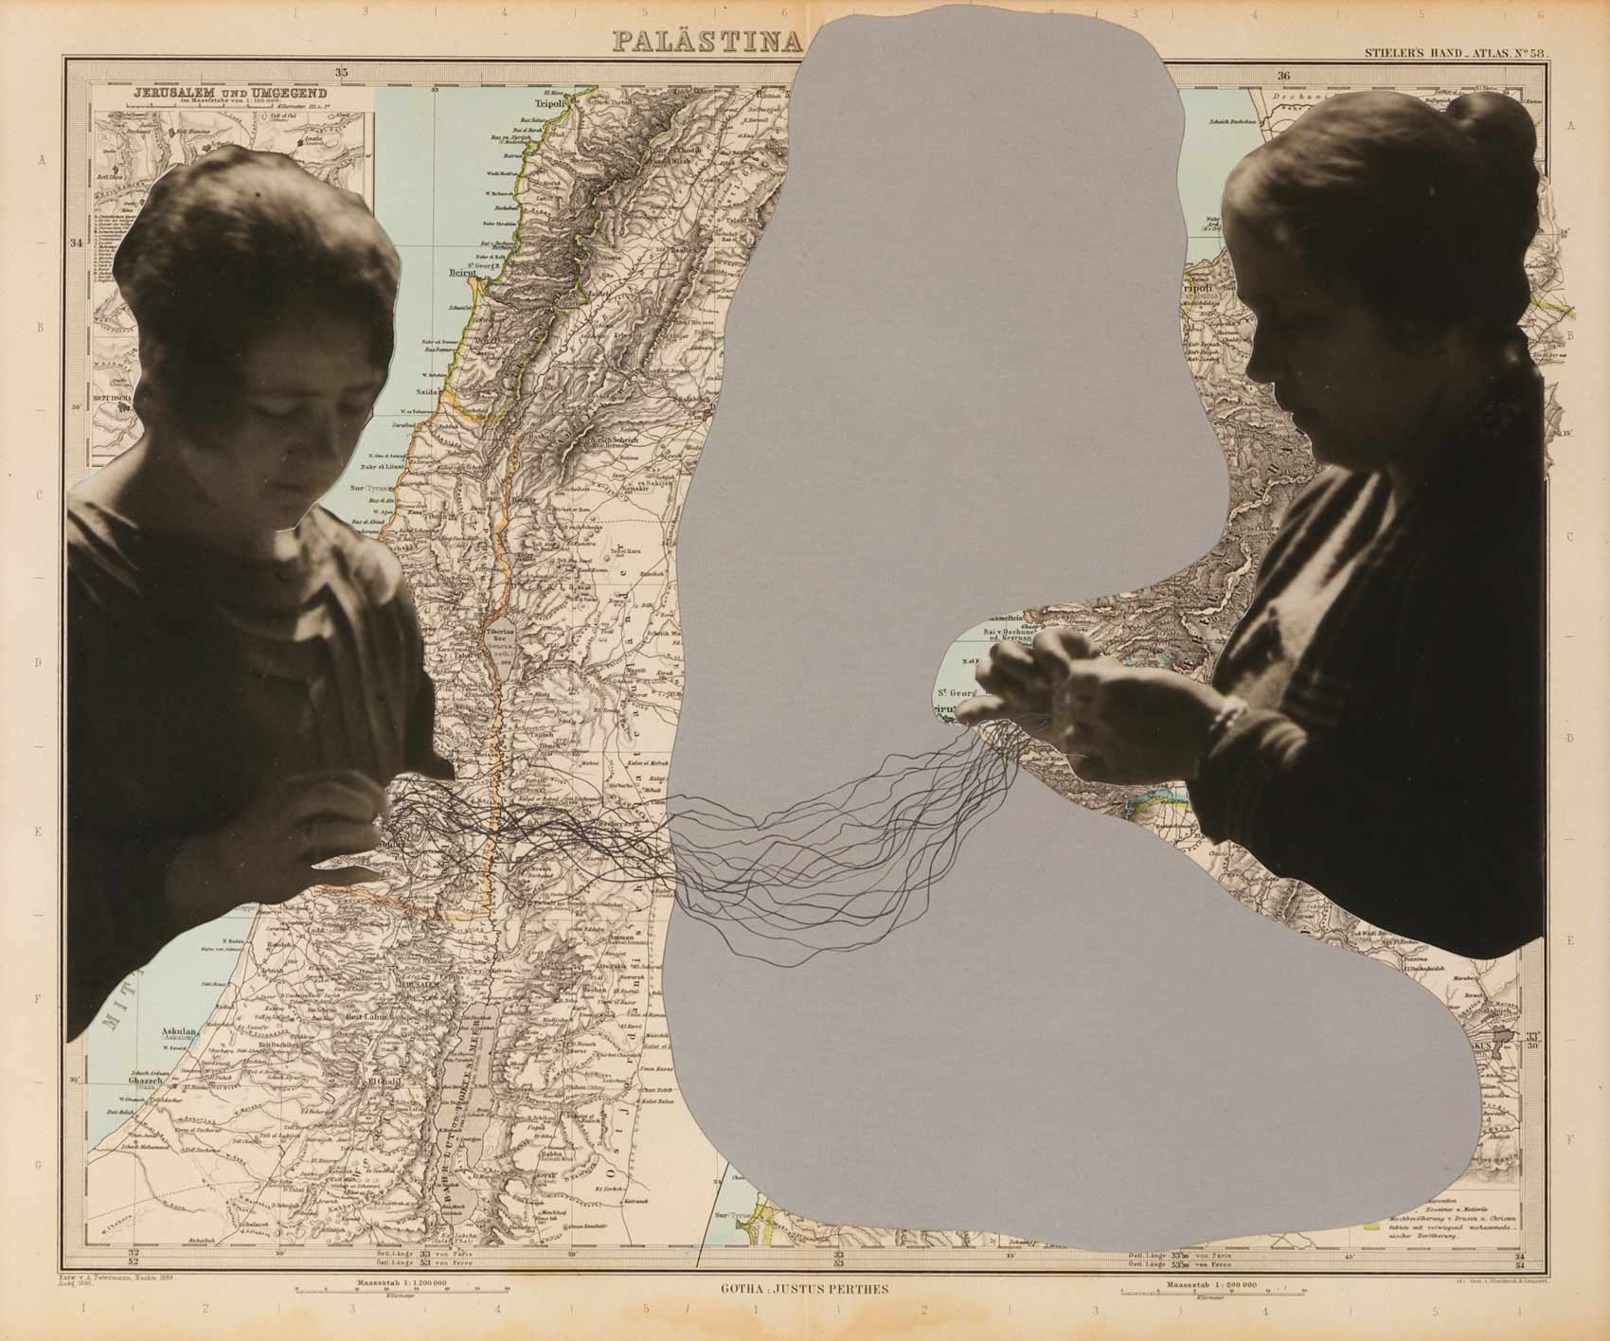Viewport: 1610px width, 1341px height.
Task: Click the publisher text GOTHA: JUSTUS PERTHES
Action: tap(805, 1288)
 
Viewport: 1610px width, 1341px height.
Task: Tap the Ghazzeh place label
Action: tap(147, 1082)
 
